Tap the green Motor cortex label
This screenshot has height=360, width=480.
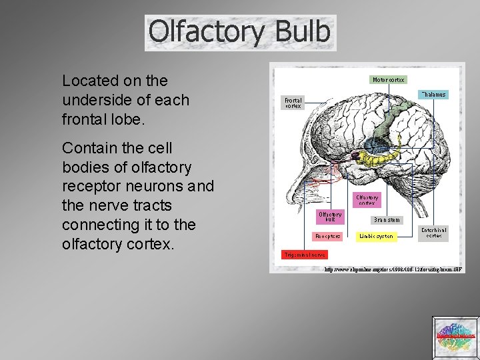[388, 79]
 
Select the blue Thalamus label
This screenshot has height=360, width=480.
[433, 95]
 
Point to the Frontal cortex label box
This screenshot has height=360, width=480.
[293, 103]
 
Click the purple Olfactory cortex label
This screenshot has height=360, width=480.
[367, 200]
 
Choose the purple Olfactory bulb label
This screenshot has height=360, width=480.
[330, 217]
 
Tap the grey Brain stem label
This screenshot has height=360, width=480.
[387, 219]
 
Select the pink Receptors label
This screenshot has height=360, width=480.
[328, 235]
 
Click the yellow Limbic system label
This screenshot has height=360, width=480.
[377, 236]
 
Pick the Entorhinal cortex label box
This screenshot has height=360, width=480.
[434, 233]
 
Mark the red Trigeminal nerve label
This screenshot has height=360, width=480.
[304, 255]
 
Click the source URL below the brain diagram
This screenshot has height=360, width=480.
[393, 269]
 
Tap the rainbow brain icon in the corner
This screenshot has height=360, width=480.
[455, 335]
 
